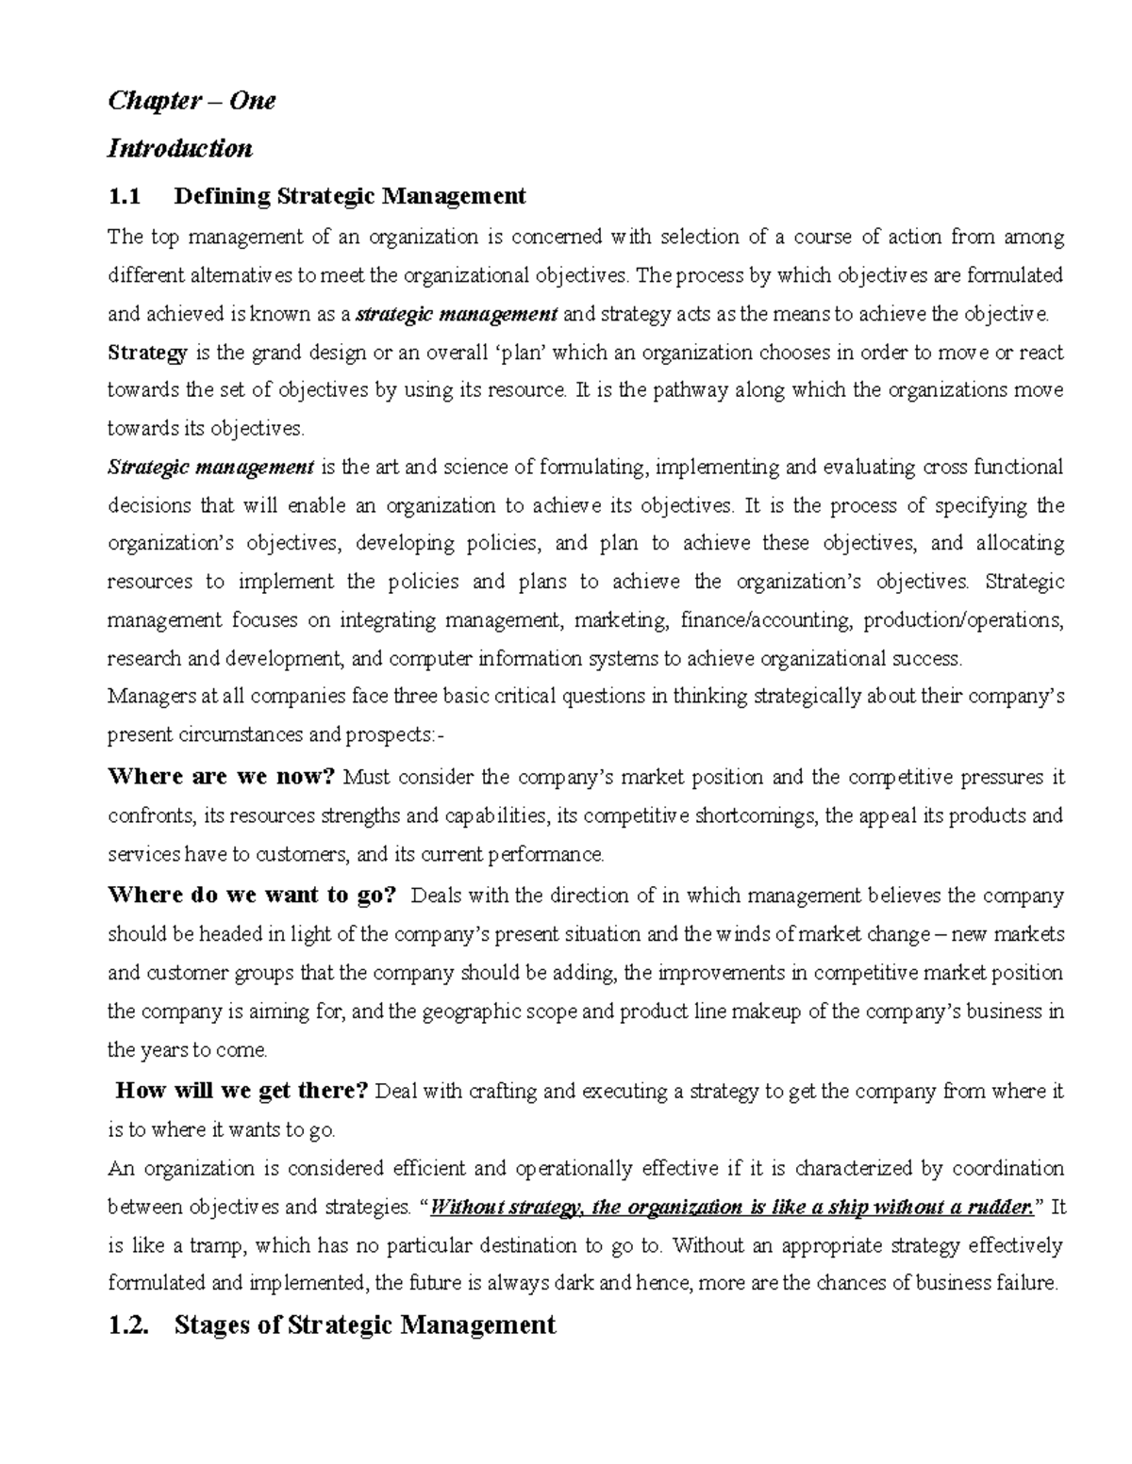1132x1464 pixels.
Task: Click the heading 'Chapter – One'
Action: click(191, 101)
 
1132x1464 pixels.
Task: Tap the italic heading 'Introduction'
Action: click(180, 149)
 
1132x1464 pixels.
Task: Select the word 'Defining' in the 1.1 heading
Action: click(223, 196)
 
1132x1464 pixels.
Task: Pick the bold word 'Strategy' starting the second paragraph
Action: click(148, 353)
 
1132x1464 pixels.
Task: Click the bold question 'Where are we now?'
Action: click(222, 777)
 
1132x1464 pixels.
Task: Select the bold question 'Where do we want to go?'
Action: click(253, 895)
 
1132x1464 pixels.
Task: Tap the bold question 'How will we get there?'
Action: click(241, 1091)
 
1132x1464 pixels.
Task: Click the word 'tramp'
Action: click(219, 1245)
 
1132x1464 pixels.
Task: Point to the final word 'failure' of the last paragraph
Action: click(1028, 1283)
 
